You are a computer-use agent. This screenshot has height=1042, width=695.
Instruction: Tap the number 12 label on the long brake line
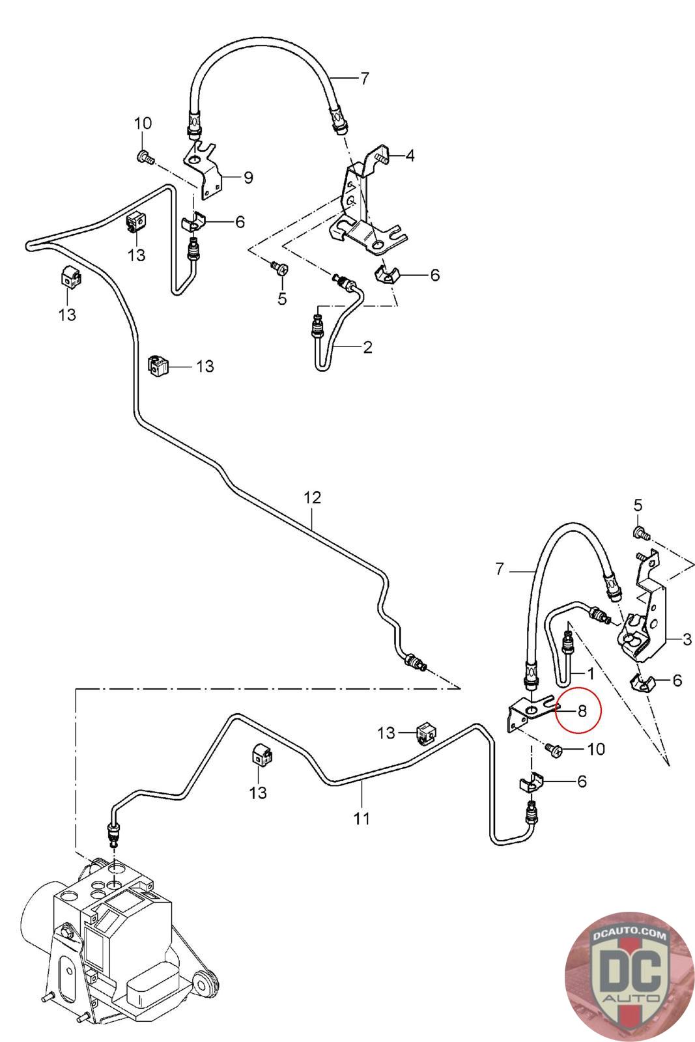(312, 498)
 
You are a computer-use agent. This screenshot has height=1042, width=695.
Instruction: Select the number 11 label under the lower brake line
(362, 819)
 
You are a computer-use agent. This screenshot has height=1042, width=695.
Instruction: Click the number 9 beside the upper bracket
(248, 177)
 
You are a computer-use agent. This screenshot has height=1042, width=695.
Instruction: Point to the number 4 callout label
(410, 156)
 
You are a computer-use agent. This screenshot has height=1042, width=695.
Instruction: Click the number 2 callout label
(367, 347)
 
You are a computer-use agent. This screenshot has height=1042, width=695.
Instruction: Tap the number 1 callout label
(590, 673)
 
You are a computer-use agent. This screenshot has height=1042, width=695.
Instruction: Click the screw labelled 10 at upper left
(145, 157)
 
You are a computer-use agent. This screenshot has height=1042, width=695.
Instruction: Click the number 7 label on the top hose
(364, 79)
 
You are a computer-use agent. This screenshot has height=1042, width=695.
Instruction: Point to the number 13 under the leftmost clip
(67, 315)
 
